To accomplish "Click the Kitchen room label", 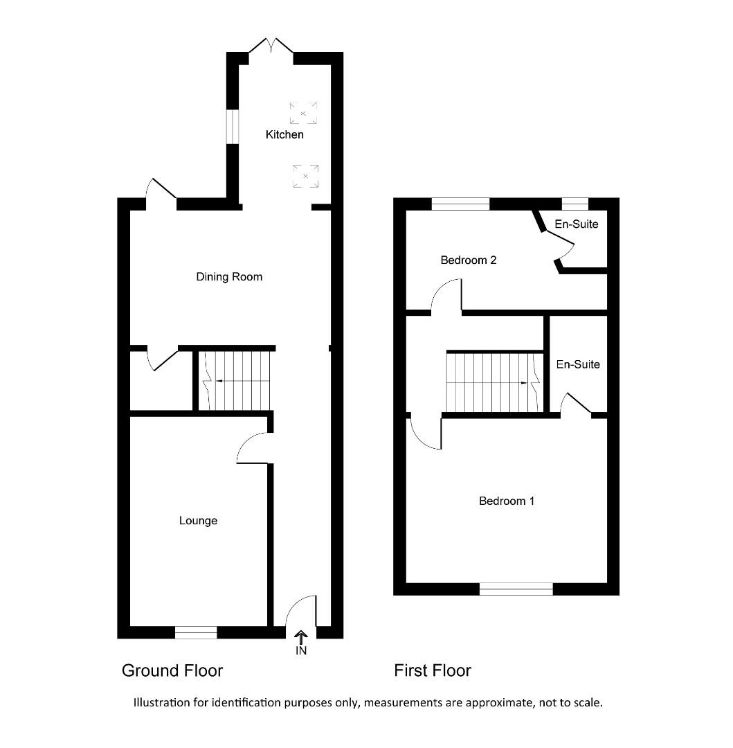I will (284, 134).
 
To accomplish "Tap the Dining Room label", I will (229, 277).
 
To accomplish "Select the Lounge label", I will (198, 521).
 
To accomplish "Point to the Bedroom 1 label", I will (507, 501).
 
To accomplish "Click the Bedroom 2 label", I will (469, 260).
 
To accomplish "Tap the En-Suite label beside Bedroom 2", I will (577, 224).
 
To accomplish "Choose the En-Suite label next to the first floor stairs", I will (578, 364).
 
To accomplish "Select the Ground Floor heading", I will (172, 670).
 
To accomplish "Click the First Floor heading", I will (433, 670).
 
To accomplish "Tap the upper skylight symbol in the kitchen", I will (303, 113).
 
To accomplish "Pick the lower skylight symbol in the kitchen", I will (305, 176).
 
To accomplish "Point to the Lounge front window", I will (196, 632).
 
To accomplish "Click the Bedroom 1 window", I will (516, 589).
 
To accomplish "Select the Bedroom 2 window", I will (460, 204).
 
